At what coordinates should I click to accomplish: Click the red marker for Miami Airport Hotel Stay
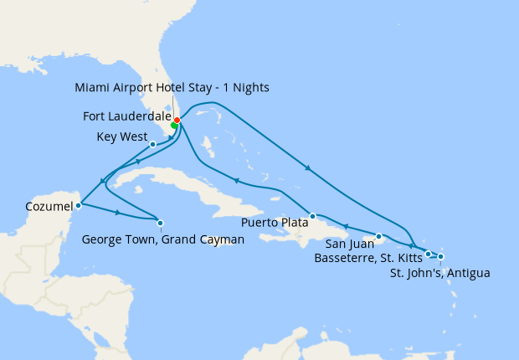[x=177, y=120]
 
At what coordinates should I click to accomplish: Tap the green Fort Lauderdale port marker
[x=174, y=126]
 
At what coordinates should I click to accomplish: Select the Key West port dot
[x=152, y=144]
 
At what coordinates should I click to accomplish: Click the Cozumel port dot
[x=78, y=204]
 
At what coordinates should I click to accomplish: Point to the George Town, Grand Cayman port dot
[x=160, y=222]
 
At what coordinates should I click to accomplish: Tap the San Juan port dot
[x=379, y=236]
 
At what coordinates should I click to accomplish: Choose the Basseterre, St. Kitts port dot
[x=428, y=254]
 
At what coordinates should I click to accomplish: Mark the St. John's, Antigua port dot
[x=441, y=257]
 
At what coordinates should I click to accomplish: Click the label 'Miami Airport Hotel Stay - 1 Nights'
[x=172, y=87]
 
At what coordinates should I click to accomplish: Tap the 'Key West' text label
[x=122, y=136]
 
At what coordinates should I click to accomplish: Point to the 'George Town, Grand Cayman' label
[x=163, y=239]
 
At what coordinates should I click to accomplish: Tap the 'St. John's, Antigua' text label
[x=441, y=272]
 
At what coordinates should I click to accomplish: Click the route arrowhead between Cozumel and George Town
[x=117, y=213]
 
